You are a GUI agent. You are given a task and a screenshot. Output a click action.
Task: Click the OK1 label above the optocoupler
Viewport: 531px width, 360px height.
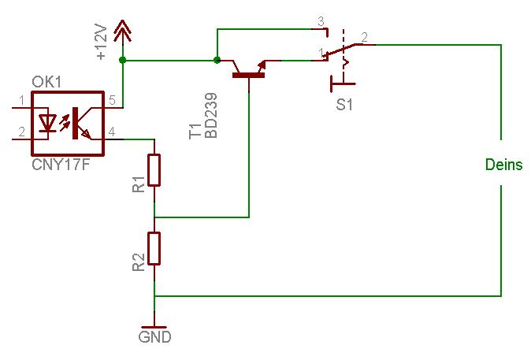[46, 82]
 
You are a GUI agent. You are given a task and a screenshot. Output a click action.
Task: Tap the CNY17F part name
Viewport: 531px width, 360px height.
[61, 165]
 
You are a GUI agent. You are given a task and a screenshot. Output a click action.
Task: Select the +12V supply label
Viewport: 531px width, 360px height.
[102, 43]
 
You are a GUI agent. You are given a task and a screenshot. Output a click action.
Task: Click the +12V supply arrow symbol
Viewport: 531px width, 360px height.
[122, 32]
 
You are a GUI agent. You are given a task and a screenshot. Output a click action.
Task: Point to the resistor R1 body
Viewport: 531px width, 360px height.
[154, 170]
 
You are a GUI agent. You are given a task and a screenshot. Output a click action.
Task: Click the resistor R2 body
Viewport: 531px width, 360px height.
[154, 248]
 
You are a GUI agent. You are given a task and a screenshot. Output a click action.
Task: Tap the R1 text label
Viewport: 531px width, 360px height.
[139, 184]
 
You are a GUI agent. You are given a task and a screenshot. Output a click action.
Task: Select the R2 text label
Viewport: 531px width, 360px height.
[139, 262]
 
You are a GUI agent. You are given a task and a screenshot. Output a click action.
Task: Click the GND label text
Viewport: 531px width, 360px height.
[154, 337]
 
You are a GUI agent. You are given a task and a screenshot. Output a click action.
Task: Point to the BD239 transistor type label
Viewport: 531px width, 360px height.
[211, 116]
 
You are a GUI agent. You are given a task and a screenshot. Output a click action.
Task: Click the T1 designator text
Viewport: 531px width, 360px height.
[195, 132]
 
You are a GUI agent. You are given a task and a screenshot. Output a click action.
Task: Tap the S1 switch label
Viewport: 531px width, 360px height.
[344, 105]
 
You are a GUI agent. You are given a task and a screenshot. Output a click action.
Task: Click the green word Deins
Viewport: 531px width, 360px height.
[504, 165]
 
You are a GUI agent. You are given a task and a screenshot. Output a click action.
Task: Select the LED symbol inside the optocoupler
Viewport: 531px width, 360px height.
[47, 123]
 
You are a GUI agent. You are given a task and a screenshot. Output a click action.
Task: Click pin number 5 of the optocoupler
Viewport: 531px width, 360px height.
[112, 100]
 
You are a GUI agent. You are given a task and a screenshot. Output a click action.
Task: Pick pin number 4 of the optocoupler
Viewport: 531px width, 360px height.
[112, 132]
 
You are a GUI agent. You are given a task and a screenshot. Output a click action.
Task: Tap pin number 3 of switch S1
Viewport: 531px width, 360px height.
[321, 21]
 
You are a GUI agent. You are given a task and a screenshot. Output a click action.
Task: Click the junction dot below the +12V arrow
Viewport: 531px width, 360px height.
[123, 61]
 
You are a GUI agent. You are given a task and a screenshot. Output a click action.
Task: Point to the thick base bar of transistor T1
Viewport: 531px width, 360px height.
[249, 75]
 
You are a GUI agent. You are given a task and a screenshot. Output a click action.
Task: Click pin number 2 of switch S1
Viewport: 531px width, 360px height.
[365, 37]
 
